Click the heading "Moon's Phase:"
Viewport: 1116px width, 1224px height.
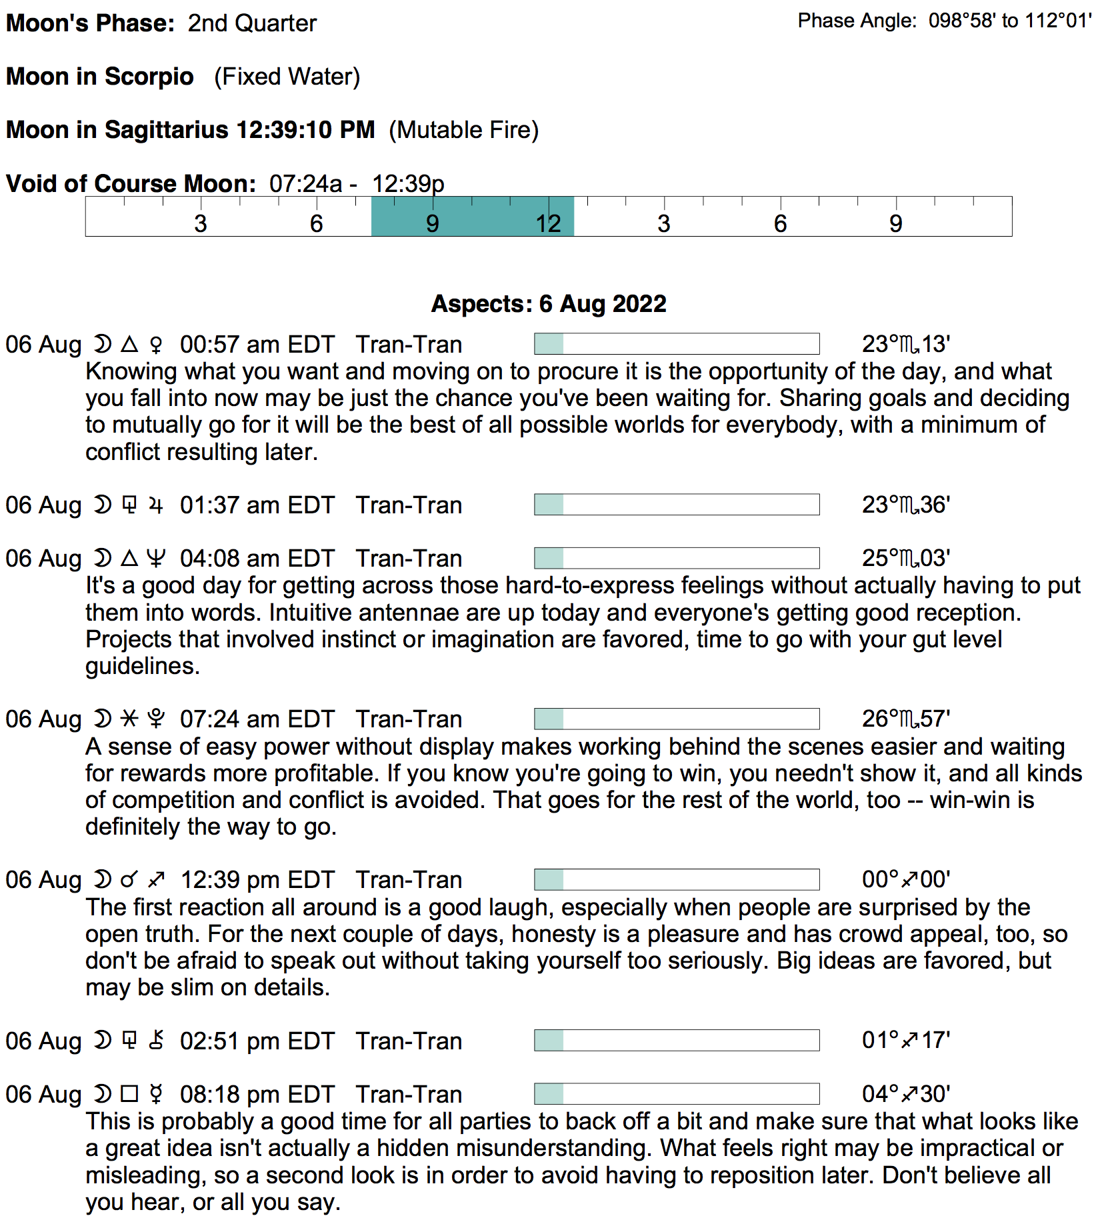(90, 23)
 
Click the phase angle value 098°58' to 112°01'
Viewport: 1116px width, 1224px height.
(1010, 21)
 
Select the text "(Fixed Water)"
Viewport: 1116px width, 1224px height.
(287, 77)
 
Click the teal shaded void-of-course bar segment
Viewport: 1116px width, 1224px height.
(472, 217)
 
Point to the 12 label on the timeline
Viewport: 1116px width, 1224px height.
(548, 224)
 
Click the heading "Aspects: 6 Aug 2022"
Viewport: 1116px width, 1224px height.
(548, 304)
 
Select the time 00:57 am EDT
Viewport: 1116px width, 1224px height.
(257, 345)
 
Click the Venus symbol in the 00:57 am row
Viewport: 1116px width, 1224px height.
(156, 345)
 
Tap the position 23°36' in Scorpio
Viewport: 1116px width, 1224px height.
(905, 505)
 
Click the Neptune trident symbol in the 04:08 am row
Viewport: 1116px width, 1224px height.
(156, 559)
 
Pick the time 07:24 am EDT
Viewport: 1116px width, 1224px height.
(257, 719)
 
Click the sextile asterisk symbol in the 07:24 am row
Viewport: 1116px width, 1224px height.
(129, 719)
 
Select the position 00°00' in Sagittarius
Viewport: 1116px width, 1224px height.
(905, 880)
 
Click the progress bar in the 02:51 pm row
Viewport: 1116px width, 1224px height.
(676, 1041)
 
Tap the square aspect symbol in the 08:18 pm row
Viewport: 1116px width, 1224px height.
(129, 1094)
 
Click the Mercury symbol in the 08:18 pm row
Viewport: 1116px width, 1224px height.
(156, 1095)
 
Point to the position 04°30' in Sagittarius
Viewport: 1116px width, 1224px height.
(905, 1095)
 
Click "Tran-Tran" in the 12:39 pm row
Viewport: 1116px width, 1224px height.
(409, 880)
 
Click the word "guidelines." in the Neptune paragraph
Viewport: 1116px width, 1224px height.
(143, 666)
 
